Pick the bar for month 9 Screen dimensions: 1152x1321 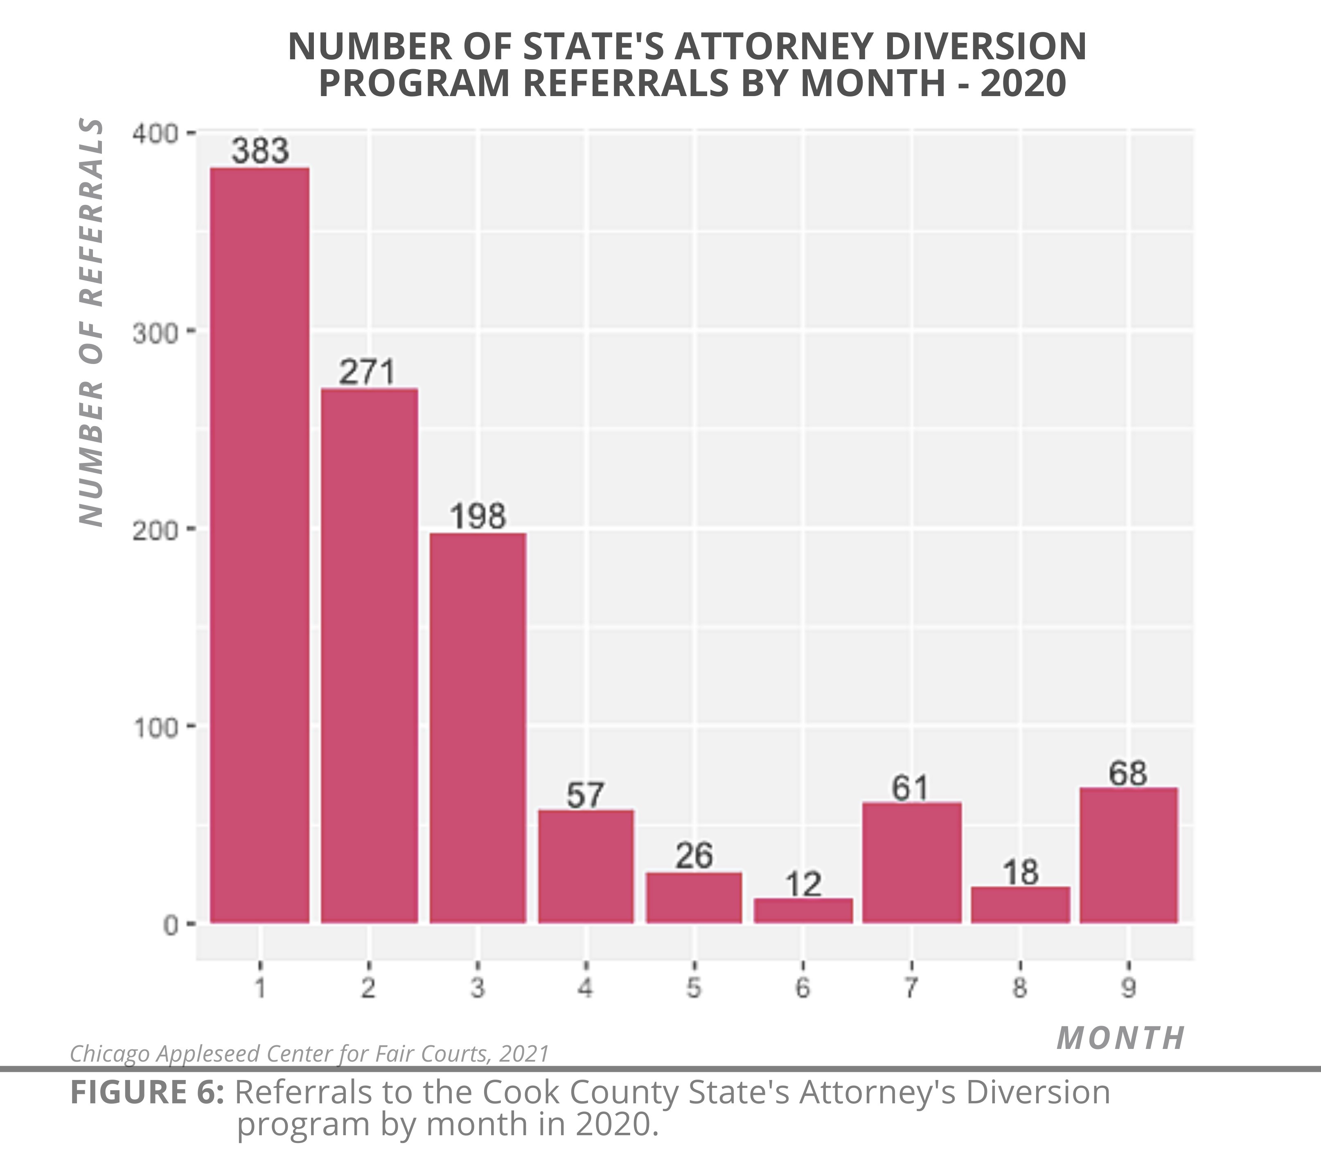pyautogui.click(x=1129, y=855)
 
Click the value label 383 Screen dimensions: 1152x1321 pyautogui.click(x=260, y=151)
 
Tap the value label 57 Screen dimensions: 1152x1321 pyautogui.click(x=585, y=795)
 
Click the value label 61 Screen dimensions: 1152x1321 pyautogui.click(x=911, y=788)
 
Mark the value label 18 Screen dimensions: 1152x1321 pyautogui.click(x=1021, y=872)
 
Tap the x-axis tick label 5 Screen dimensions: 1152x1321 pyautogui.click(x=693, y=988)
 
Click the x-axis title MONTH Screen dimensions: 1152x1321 pyautogui.click(x=1120, y=1038)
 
